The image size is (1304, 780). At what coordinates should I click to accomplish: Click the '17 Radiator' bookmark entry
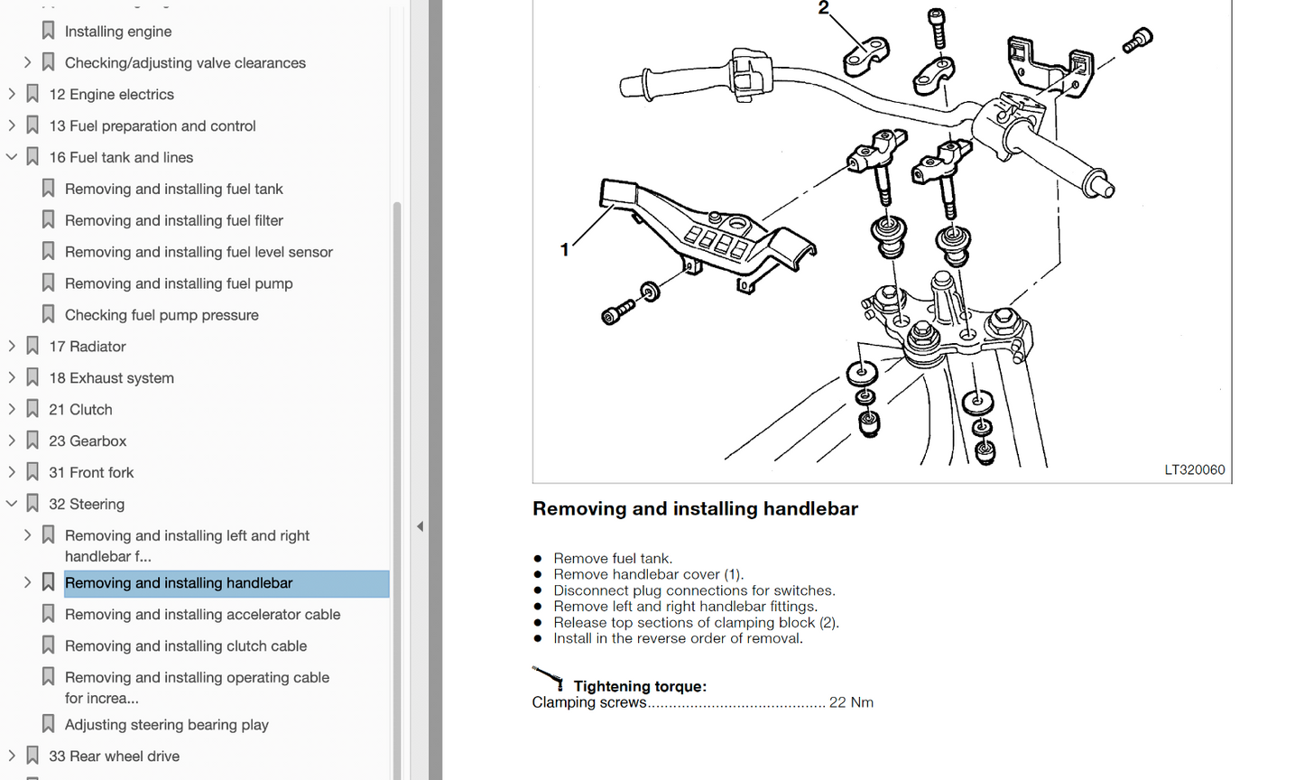click(88, 347)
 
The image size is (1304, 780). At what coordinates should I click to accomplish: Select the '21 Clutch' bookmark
click(80, 410)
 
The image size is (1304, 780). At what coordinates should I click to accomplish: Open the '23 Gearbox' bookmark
click(88, 441)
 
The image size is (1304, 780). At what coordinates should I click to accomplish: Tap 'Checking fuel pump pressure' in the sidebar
click(162, 315)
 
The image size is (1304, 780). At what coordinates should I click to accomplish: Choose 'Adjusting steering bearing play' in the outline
click(166, 725)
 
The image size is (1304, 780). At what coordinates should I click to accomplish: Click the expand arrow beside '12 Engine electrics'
click(12, 94)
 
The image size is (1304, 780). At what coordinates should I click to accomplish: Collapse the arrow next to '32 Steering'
click(12, 504)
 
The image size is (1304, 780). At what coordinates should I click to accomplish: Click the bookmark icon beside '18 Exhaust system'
click(32, 377)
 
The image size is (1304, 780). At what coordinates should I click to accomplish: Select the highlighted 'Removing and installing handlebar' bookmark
click(179, 583)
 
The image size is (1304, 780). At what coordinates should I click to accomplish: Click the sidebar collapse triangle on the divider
click(420, 526)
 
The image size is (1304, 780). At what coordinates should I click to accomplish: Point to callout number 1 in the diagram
click(565, 249)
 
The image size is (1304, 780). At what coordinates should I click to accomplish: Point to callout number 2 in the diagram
click(823, 9)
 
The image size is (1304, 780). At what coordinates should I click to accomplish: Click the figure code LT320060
click(1194, 469)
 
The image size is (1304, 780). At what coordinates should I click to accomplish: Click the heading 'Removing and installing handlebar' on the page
click(695, 508)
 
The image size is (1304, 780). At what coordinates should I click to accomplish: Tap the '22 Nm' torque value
click(851, 702)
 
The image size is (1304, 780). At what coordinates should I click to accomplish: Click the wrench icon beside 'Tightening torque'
click(548, 677)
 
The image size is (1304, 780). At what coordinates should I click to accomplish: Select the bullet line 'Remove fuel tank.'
click(613, 559)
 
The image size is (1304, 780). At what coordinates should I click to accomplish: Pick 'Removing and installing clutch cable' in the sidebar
click(186, 646)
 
